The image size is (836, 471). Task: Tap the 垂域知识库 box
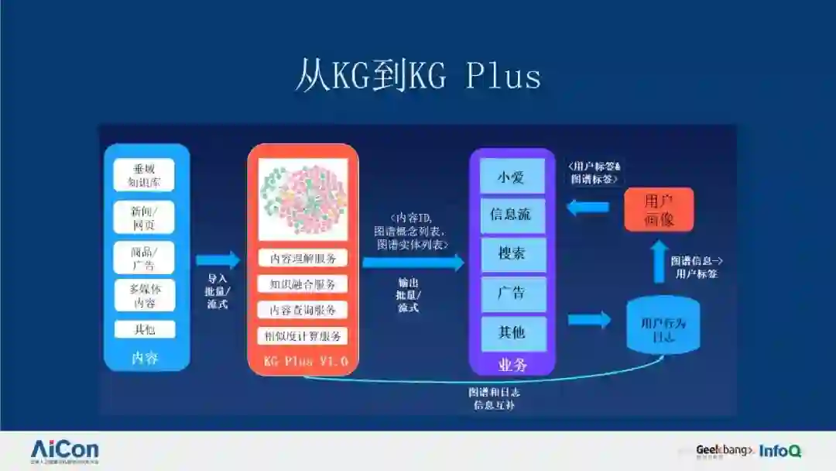coord(144,175)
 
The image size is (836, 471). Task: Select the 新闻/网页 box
coord(144,217)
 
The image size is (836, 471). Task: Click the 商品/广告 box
coord(144,257)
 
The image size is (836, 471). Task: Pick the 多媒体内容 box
coord(144,295)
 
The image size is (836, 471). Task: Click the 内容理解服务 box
coord(303,258)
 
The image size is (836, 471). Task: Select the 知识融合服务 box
coord(303,284)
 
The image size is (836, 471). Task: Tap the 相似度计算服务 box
coord(303,335)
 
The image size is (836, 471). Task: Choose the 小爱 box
coord(512,177)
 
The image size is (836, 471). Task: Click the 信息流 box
coord(512,215)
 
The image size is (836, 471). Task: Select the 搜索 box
coord(512,253)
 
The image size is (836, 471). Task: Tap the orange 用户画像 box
coord(659,209)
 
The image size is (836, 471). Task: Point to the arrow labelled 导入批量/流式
coord(218,260)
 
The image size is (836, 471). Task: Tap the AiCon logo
coord(65,450)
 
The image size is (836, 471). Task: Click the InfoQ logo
coord(779,451)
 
